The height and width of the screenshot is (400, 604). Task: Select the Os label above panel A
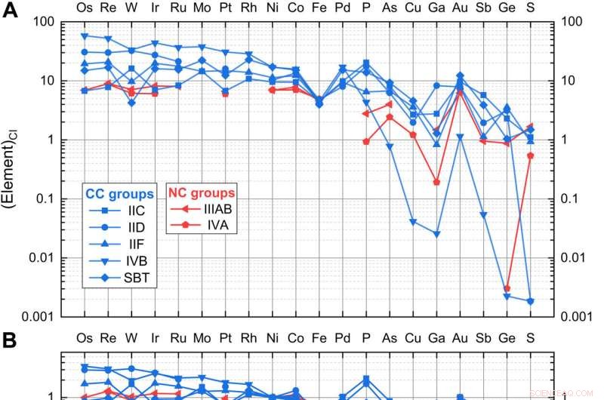point(85,7)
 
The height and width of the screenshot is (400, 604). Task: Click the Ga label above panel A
point(436,7)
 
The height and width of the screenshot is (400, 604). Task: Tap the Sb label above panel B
point(482,336)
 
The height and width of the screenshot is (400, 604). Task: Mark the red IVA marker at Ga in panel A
point(436,182)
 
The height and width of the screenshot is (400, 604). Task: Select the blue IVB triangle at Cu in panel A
point(413,222)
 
